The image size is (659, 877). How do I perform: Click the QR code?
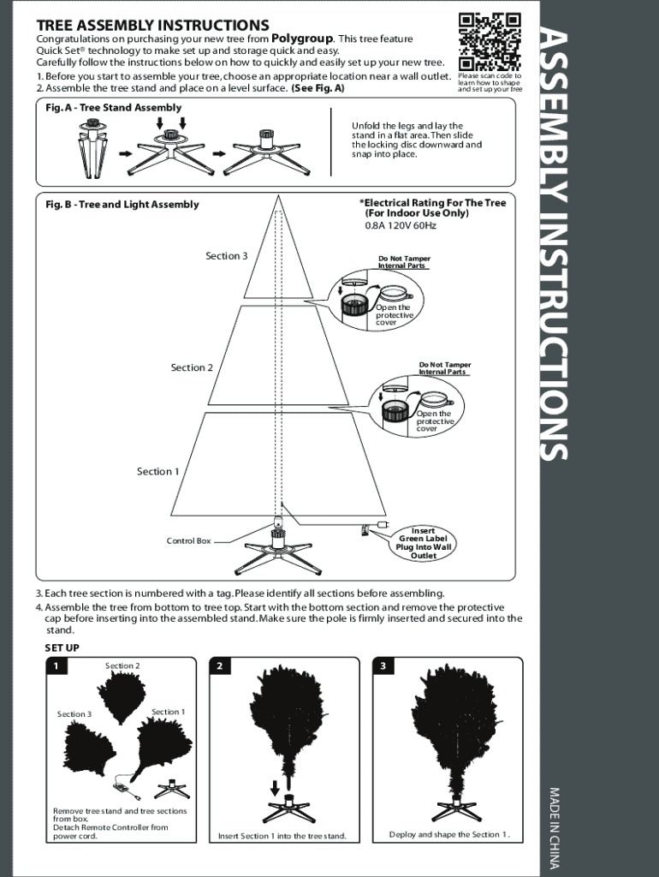[x=490, y=42]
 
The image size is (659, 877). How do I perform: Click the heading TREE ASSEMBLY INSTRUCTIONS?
[x=152, y=26]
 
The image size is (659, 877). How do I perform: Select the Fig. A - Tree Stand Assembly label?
[x=114, y=108]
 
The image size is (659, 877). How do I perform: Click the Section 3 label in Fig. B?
[x=227, y=256]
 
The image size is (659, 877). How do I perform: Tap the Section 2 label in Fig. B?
[x=192, y=367]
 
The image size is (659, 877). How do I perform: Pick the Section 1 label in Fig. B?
[x=158, y=472]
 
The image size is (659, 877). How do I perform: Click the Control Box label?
[x=188, y=541]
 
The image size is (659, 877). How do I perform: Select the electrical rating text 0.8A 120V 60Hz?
[x=401, y=226]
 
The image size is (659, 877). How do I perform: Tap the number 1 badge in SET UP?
[x=56, y=666]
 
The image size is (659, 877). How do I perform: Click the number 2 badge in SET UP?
[x=220, y=666]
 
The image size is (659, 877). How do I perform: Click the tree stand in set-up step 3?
[x=453, y=808]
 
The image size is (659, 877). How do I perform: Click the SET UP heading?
[x=62, y=648]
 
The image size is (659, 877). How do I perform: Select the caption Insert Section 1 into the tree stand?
[x=282, y=836]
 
